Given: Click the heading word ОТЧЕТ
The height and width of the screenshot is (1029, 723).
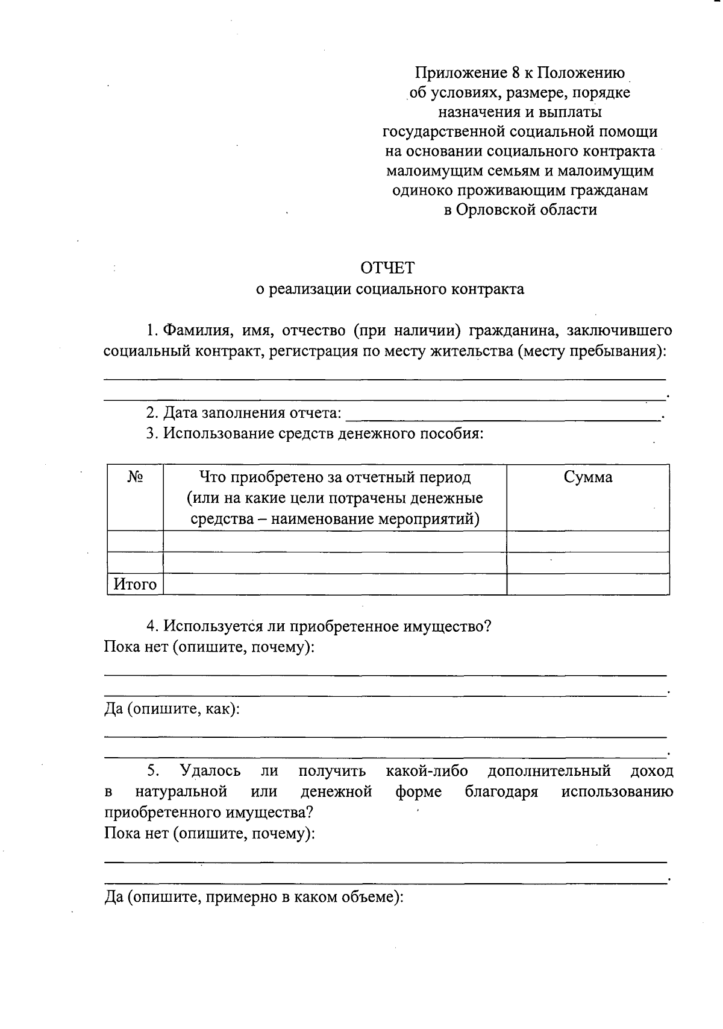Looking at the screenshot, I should click(387, 267).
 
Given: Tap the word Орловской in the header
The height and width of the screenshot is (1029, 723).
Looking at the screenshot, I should click(495, 210).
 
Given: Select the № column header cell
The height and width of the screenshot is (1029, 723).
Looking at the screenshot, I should click(136, 477).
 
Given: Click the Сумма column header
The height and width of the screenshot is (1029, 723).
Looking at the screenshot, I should click(588, 477).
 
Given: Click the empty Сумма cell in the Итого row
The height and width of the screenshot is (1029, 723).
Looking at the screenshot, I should click(588, 584).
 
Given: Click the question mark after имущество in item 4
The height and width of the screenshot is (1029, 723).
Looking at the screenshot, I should click(487, 626).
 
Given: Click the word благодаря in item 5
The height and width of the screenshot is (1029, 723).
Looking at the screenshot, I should click(501, 791).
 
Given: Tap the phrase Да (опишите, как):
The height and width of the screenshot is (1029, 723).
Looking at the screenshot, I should click(172, 709).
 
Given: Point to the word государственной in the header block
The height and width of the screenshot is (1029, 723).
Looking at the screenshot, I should click(443, 131).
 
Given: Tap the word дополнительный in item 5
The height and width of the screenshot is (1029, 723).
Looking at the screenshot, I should click(549, 771).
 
